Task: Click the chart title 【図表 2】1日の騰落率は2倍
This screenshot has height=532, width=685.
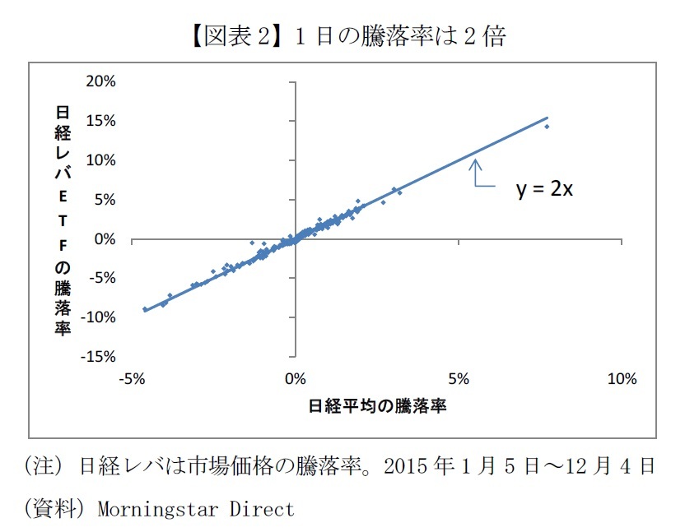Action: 342,36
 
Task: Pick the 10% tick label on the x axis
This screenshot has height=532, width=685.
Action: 621,379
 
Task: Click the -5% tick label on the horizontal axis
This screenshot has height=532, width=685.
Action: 132,379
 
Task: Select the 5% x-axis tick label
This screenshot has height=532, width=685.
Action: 459,379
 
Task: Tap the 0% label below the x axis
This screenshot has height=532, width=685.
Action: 295,379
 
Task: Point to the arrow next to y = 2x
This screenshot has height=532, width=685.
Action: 477,174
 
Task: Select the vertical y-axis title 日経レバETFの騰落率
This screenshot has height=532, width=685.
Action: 63,220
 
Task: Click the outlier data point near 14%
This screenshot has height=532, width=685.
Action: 546,127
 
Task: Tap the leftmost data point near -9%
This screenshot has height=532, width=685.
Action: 145,309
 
